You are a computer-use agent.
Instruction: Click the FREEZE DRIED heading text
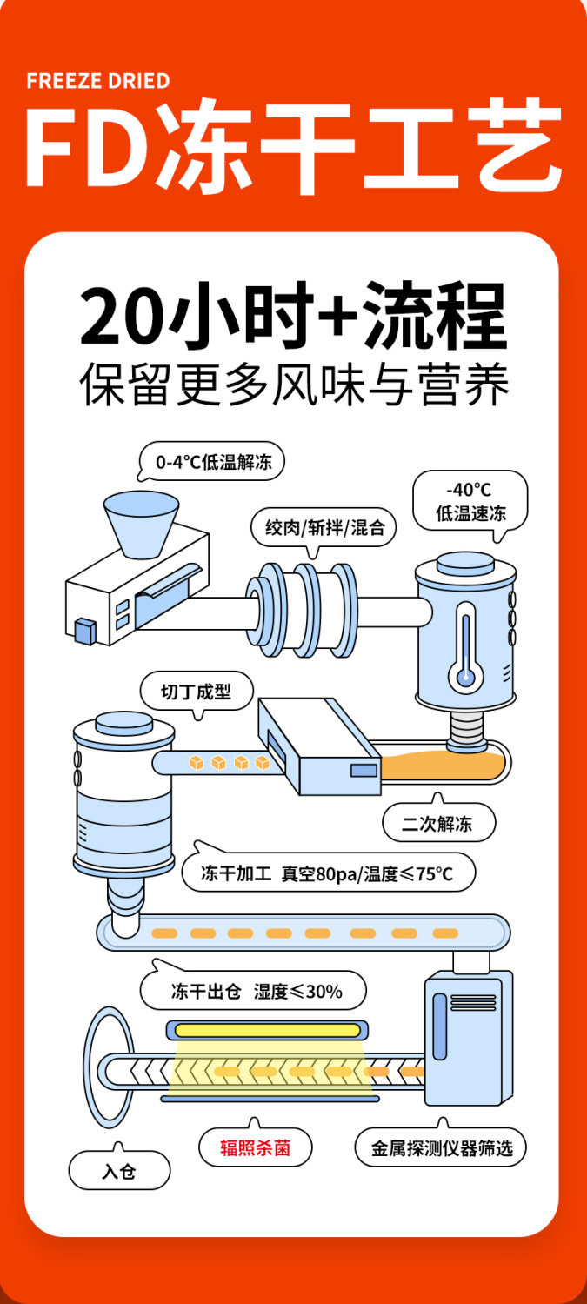[97, 81]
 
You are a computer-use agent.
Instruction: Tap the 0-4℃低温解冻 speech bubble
[213, 463]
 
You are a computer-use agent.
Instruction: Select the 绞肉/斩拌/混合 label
[324, 526]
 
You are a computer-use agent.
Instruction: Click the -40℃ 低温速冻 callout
[470, 502]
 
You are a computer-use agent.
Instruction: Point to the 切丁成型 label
[197, 692]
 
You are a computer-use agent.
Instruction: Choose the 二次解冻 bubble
[438, 823]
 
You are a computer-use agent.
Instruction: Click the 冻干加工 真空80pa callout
[328, 873]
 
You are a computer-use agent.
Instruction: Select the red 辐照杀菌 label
[255, 1148]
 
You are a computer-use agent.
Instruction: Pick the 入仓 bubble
[119, 1171]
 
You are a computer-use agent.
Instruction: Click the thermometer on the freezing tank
[465, 652]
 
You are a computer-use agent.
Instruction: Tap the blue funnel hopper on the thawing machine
[141, 524]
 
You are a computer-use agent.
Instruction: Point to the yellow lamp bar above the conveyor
[267, 1030]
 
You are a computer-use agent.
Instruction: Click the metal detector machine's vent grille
[440, 1013]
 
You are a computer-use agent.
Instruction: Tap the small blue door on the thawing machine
[84, 630]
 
